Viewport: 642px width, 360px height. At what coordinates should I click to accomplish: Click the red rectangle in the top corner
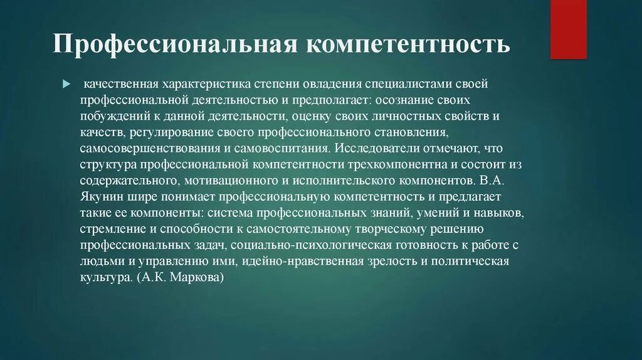click(x=569, y=29)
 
